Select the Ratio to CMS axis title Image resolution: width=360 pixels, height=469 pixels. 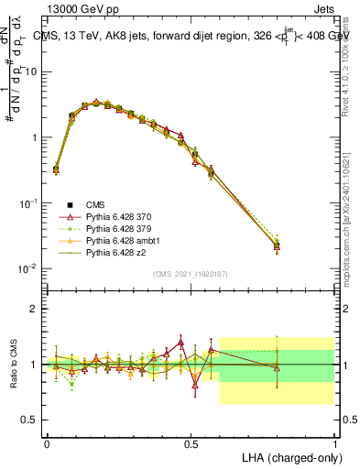[x=13, y=364]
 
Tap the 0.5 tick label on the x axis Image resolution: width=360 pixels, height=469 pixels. [x=191, y=443]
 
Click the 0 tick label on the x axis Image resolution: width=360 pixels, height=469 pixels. [x=47, y=443]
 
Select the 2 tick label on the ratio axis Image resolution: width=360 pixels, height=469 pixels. [x=34, y=309]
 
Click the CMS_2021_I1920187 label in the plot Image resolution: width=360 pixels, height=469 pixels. [x=190, y=274]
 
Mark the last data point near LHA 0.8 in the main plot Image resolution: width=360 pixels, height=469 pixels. [x=277, y=246]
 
